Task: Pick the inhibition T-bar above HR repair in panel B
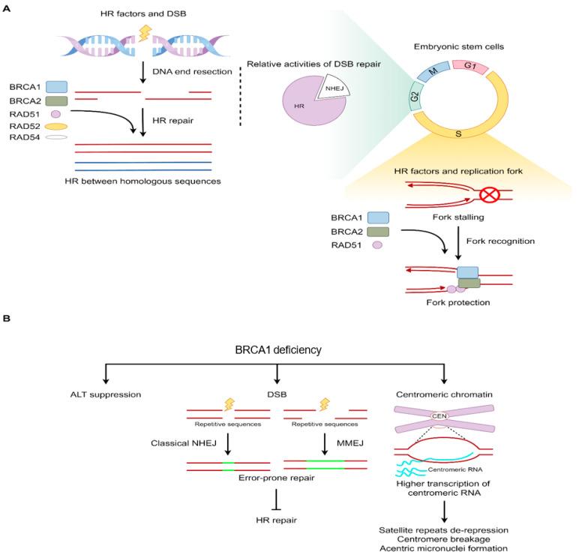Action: (277, 493)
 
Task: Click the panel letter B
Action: (7, 318)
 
